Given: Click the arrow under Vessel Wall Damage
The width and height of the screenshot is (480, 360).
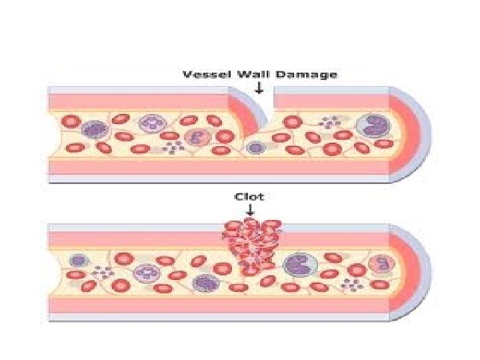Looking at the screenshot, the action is [259, 87].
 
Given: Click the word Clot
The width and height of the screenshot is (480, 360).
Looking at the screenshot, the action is [249, 197].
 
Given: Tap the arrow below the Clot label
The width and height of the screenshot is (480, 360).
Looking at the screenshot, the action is [249, 209].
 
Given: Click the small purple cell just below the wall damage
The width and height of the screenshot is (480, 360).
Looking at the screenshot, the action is [253, 147].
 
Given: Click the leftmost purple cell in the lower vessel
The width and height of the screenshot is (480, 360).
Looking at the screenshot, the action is [79, 261].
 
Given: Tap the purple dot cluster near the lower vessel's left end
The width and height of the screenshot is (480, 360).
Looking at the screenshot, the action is [102, 272].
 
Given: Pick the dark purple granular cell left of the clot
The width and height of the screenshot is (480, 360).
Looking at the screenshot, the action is [203, 283].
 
